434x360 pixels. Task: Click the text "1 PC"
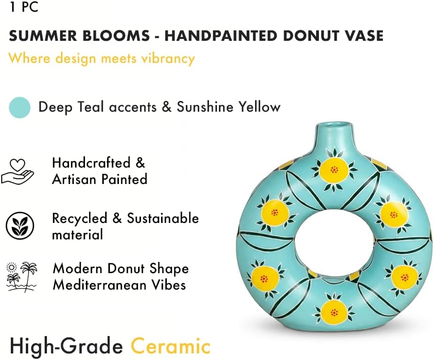[23, 8]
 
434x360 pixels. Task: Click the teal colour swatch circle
[20, 107]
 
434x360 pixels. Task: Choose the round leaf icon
[20, 225]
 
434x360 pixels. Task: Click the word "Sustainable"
[163, 218]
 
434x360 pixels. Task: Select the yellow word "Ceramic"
[170, 346]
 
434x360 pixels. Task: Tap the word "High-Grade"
[66, 346]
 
